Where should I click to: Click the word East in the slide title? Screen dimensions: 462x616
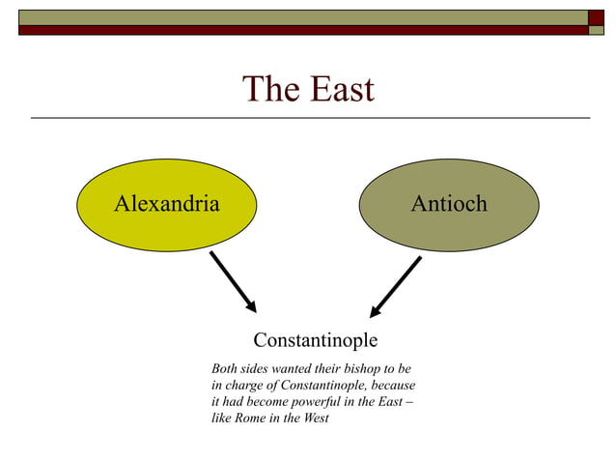pyautogui.click(x=341, y=89)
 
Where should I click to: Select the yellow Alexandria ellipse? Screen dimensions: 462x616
pyautogui.click(x=167, y=204)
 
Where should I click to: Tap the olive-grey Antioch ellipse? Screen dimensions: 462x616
pyautogui.click(x=449, y=204)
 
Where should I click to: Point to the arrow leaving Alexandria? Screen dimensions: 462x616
pyautogui.click(x=233, y=281)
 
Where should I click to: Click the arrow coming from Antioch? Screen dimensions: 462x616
pyautogui.click(x=396, y=287)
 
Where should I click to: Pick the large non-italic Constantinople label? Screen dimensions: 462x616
pyautogui.click(x=315, y=340)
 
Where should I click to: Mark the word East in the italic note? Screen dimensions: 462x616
pyautogui.click(x=389, y=402)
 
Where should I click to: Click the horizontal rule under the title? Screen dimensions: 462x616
pyautogui.click(x=309, y=118)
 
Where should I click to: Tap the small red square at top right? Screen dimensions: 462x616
pyautogui.click(x=596, y=16)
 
